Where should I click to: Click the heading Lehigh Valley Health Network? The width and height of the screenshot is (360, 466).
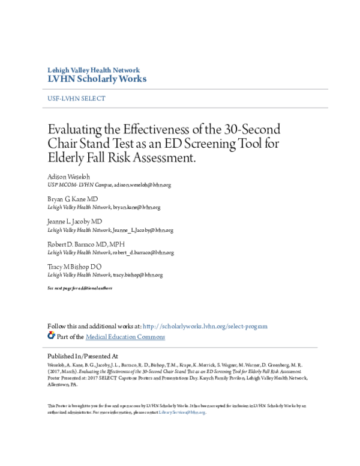(93, 70)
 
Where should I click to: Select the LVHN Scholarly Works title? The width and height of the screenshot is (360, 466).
(97, 79)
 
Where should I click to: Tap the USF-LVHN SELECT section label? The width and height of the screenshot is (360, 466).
(76, 98)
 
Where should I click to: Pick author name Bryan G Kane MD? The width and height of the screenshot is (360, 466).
(73, 199)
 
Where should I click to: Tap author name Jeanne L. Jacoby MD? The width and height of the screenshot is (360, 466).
(75, 222)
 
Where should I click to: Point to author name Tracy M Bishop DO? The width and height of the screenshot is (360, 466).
(75, 267)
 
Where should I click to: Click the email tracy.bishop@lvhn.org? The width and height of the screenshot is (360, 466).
(137, 275)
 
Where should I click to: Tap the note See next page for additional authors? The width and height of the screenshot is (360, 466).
(79, 289)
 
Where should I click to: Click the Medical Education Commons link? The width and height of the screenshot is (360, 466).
(125, 337)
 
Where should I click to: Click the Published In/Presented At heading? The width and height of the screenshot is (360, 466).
(82, 356)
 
